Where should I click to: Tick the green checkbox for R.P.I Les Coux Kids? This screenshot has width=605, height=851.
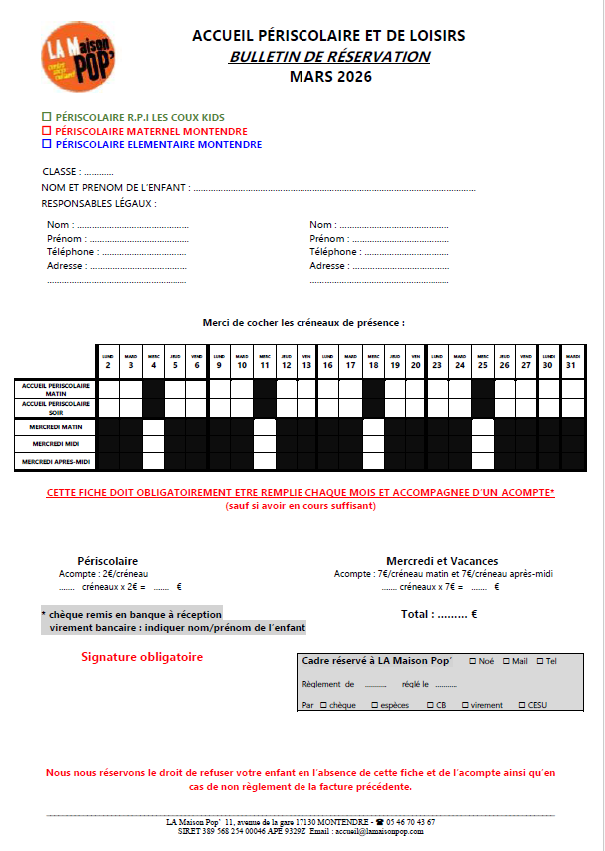[x=46, y=117]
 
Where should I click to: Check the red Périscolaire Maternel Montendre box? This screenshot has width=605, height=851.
[x=46, y=131]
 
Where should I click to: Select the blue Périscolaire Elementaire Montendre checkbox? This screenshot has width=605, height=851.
[x=46, y=145]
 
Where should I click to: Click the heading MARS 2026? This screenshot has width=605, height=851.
[x=328, y=76]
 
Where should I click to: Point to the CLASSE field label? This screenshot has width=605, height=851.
[x=61, y=172]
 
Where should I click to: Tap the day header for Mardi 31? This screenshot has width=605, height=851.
[x=572, y=361]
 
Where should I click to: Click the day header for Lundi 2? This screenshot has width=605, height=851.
[x=108, y=361]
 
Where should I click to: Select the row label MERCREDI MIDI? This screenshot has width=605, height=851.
[x=56, y=443]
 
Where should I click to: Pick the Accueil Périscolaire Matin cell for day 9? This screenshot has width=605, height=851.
[x=220, y=388]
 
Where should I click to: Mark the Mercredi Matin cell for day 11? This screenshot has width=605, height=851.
[x=264, y=427]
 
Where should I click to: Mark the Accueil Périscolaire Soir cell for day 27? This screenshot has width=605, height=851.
[x=526, y=407]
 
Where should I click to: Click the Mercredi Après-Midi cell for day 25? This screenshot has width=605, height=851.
[x=482, y=461]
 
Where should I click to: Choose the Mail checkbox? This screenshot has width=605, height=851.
[x=507, y=661]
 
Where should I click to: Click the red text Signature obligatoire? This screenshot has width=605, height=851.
[x=142, y=657]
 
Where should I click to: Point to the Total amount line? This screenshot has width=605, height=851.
[x=438, y=614]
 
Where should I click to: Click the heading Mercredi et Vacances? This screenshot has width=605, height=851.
[x=442, y=561]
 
